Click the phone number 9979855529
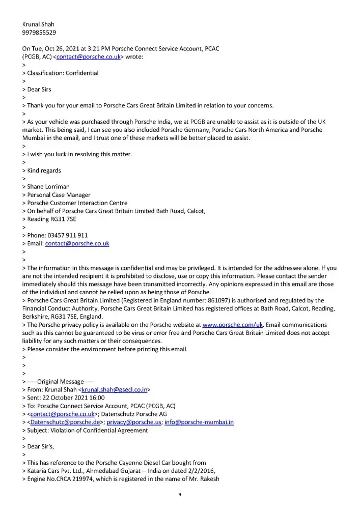click(39, 33)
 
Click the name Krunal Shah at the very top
click(39, 24)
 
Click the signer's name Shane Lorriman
click(50, 187)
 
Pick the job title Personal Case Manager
click(59, 195)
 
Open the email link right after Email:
click(77, 243)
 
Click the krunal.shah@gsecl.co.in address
click(115, 389)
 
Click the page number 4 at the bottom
click(180, 494)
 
